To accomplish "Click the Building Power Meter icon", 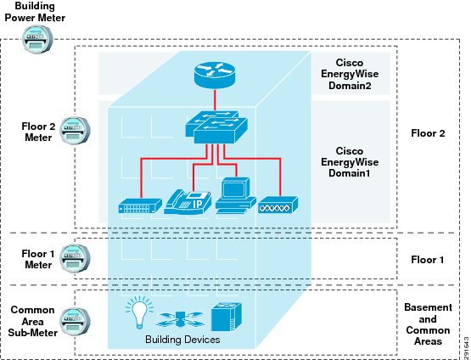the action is click(x=37, y=39).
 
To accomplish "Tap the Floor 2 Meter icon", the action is click(x=75, y=131).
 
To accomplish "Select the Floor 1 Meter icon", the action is click(x=75, y=258).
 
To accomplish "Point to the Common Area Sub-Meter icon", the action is click(x=75, y=321).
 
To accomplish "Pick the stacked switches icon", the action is click(x=216, y=127).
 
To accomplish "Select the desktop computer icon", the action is click(x=236, y=195).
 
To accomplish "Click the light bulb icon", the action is click(x=139, y=312).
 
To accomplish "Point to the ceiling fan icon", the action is click(x=180, y=319).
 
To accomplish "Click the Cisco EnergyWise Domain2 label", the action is click(x=350, y=74).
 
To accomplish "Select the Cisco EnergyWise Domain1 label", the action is click(x=350, y=162).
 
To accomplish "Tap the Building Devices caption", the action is click(x=182, y=340).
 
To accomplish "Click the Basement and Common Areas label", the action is click(x=428, y=324).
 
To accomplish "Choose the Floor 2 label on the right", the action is click(x=428, y=133).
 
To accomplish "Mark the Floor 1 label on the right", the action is click(x=428, y=260).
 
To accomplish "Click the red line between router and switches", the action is click(x=215, y=100).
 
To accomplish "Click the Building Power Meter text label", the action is click(x=35, y=12).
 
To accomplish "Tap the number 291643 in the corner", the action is click(x=467, y=347).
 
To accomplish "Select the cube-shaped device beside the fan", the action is click(x=227, y=317).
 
